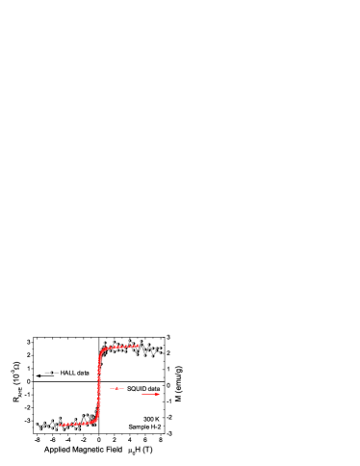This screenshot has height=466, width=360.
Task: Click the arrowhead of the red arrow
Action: [158, 394]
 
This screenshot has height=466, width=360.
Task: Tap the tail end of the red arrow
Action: [141, 394]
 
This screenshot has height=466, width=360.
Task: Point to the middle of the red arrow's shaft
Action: [149, 394]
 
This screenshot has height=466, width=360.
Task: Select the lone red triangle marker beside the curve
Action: [117, 388]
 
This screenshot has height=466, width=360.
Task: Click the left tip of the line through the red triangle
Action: [111, 388]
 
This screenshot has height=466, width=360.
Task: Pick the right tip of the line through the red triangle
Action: [124, 388]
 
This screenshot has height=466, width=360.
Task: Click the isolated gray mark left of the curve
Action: [51, 373]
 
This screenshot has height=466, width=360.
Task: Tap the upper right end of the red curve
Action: [140, 346]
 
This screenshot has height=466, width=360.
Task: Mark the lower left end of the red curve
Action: [60, 425]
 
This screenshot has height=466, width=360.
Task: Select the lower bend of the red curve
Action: [96, 420]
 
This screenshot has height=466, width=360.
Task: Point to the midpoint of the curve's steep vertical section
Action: [99, 385]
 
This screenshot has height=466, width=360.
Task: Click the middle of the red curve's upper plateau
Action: [120, 347]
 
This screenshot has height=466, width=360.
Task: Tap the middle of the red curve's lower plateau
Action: [77, 424]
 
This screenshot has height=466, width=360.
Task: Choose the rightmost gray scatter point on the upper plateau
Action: [160, 349]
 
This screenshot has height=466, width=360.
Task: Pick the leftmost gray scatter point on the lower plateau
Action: [37, 424]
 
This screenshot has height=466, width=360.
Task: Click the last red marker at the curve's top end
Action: [140, 346]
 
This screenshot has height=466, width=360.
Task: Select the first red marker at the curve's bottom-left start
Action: [60, 425]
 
